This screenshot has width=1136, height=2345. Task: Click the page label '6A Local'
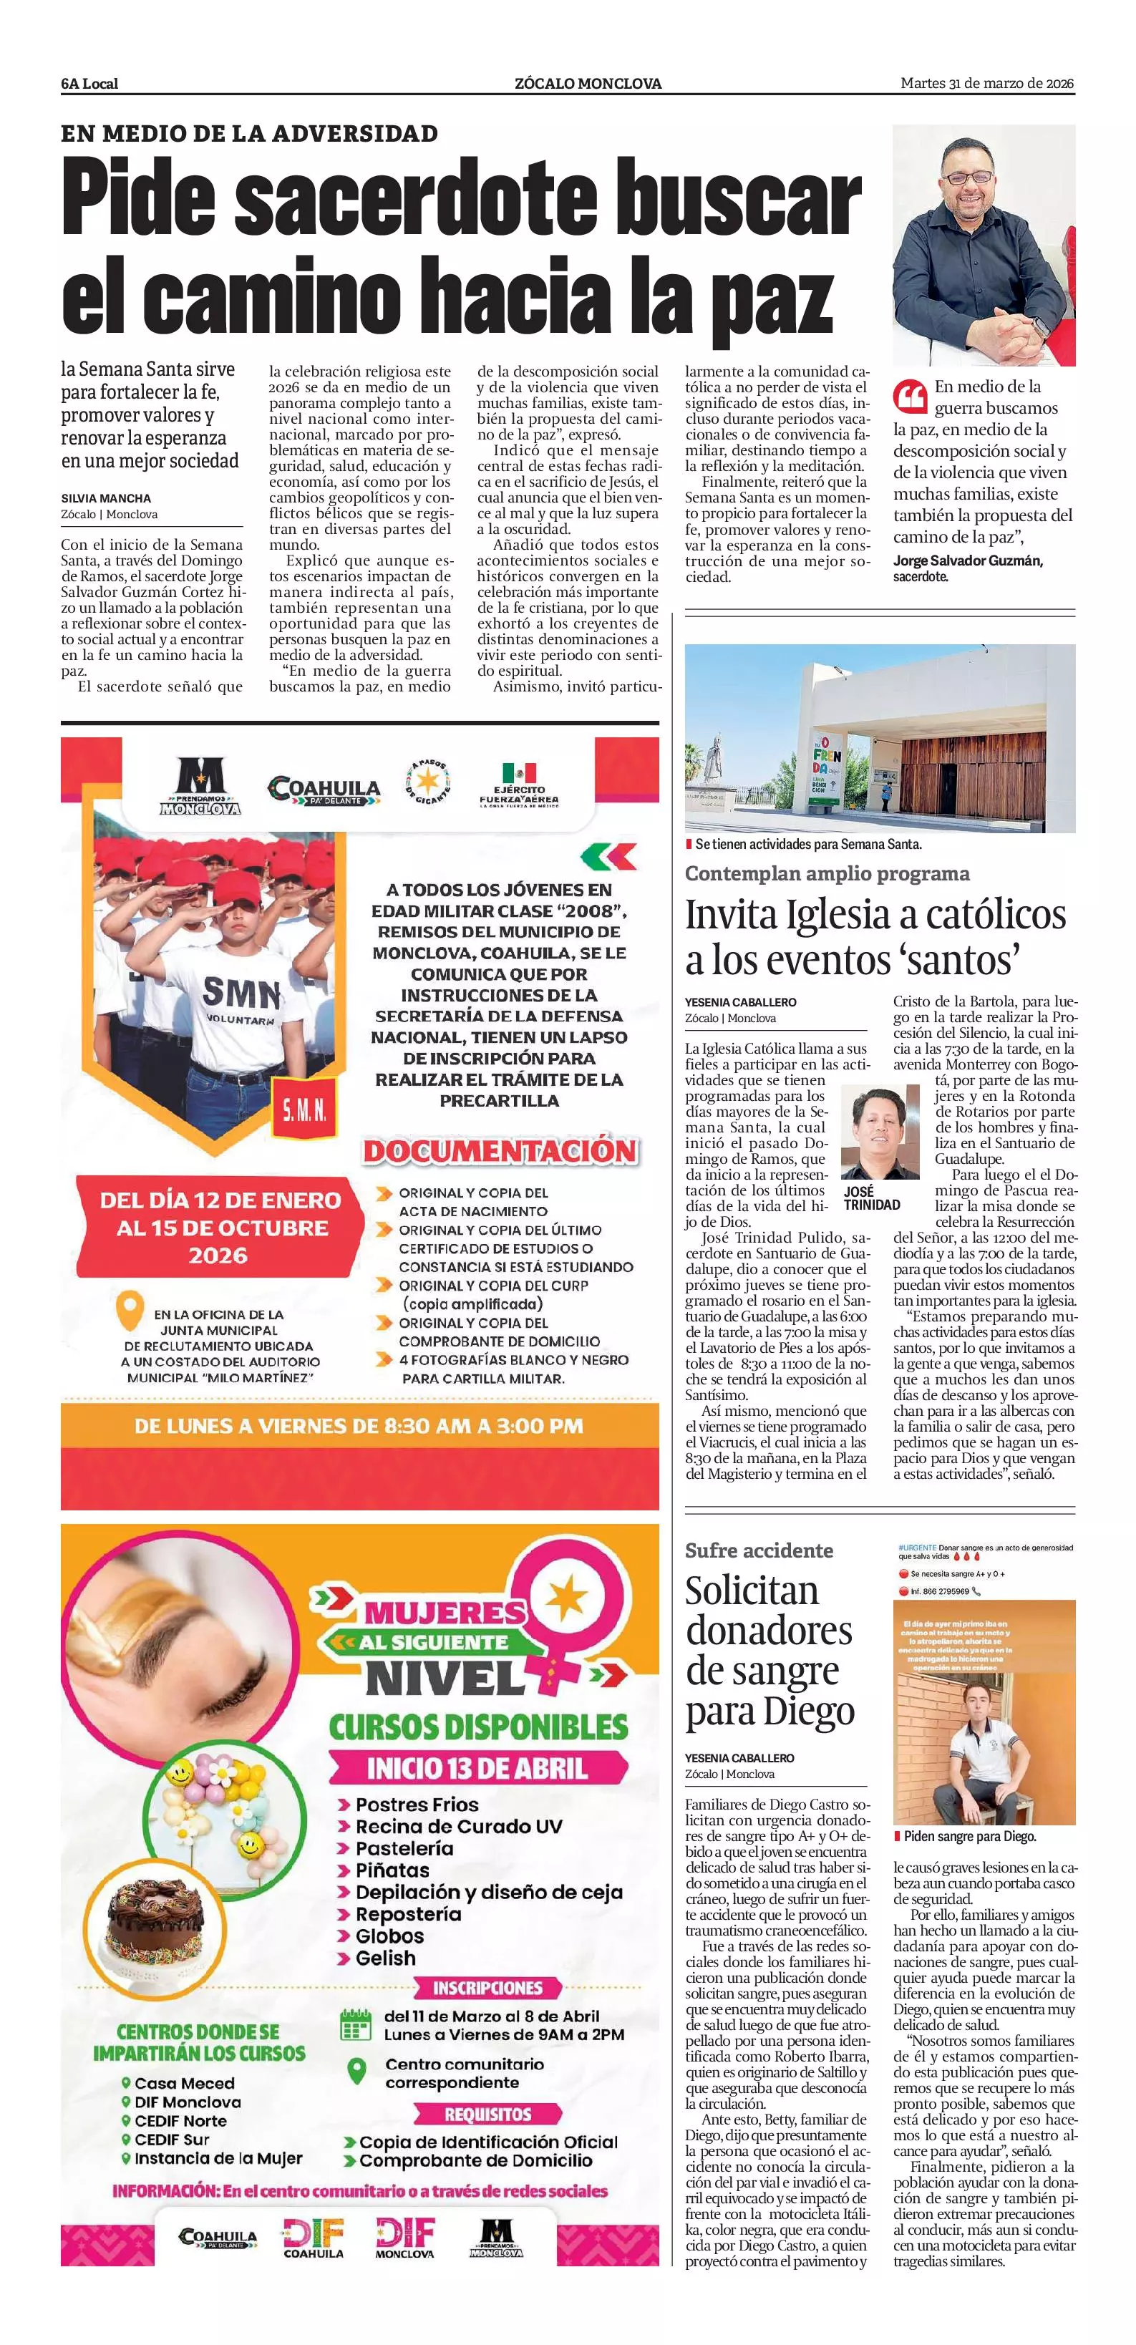click(x=89, y=84)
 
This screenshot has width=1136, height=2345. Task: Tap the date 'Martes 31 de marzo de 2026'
click(x=986, y=84)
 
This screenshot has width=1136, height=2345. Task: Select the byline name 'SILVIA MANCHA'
click(x=107, y=498)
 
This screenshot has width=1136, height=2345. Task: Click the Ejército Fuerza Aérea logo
click(x=519, y=785)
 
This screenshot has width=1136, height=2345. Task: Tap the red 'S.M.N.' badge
click(x=304, y=1110)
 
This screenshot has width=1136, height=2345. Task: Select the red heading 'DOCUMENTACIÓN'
click(x=500, y=1150)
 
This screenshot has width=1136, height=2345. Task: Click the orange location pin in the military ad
click(x=131, y=1313)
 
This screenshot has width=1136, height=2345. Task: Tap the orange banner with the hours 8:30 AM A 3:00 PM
click(x=359, y=1426)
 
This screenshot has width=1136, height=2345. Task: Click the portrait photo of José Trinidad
click(x=880, y=1132)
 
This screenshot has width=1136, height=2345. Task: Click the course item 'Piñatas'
click(x=392, y=1870)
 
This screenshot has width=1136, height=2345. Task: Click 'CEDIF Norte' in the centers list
click(x=180, y=2120)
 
